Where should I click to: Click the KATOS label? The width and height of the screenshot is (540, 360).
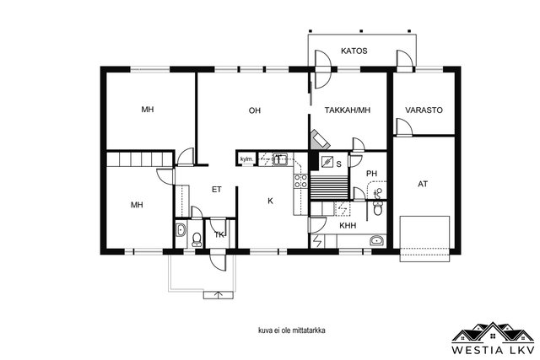[x=354, y=51]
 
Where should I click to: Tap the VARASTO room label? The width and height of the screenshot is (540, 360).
[x=424, y=110]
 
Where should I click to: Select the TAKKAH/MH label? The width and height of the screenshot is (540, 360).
[x=348, y=110]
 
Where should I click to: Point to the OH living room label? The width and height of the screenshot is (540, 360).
[x=255, y=110]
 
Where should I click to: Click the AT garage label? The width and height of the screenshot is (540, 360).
[x=423, y=184]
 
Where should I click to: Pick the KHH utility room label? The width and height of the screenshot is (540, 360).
[x=348, y=226]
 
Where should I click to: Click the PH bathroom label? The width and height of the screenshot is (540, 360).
[x=371, y=174]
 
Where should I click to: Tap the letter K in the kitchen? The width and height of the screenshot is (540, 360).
[x=270, y=201]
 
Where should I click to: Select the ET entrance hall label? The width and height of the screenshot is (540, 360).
[x=217, y=190]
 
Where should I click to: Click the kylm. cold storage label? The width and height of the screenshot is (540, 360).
[x=247, y=159]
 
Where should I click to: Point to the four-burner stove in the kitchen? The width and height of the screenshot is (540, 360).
[x=300, y=180]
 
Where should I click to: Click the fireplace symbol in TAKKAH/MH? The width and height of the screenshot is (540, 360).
[x=321, y=139]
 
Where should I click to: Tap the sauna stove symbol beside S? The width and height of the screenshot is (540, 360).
[x=327, y=162]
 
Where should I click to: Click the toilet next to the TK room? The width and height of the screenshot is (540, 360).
[x=197, y=239]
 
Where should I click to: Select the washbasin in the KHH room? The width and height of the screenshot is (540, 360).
[x=378, y=240]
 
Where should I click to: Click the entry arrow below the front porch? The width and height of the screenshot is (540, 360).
[x=218, y=295]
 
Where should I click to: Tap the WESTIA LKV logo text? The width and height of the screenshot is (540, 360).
[x=493, y=351]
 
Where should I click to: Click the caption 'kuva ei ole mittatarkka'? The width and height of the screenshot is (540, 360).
[x=292, y=330]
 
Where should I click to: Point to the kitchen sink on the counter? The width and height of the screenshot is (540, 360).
[x=279, y=159]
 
